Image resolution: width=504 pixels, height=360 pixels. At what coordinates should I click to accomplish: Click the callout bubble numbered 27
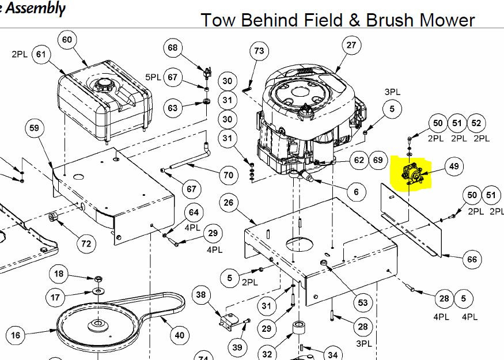[x=351, y=45]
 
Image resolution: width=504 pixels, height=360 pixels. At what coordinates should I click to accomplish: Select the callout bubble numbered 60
[x=67, y=39]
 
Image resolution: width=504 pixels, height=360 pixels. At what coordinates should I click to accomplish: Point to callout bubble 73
[x=259, y=51]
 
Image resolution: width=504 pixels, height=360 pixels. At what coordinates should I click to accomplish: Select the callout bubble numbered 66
[x=472, y=260]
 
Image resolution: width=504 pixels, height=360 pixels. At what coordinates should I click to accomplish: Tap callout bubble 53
[x=362, y=302]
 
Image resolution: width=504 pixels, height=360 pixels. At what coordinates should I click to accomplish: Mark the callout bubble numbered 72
[x=86, y=244]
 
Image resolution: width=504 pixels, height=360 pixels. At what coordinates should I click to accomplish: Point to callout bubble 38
[x=200, y=296]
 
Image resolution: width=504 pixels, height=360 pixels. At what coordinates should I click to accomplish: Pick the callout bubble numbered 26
[x=229, y=202]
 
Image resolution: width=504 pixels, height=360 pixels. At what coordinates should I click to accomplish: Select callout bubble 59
[x=34, y=128]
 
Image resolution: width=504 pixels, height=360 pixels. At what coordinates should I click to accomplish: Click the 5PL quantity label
[x=153, y=77]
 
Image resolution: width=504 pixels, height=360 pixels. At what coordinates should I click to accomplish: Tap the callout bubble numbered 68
[x=173, y=48]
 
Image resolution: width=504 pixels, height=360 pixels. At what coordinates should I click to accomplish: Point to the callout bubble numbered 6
[x=356, y=192]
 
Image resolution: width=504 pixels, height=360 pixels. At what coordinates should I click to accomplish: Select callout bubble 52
[x=476, y=123]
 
